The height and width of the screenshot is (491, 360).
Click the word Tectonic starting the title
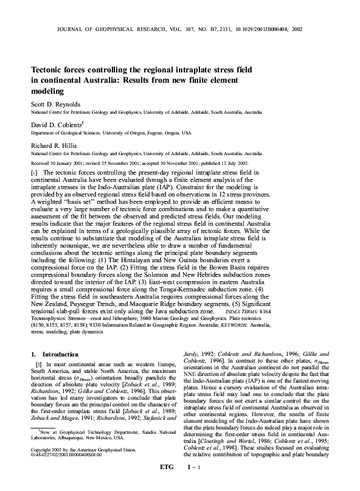point(49,69)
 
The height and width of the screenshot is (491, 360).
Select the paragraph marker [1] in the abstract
point(35,173)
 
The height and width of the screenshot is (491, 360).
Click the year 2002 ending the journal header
point(296,29)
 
